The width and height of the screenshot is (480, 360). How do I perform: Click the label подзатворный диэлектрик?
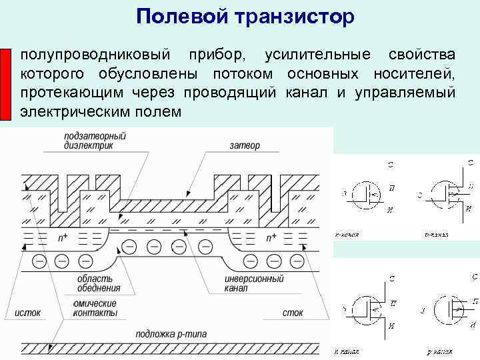(95, 140)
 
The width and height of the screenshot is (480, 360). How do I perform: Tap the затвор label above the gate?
(244, 145)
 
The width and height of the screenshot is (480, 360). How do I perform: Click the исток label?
(28, 312)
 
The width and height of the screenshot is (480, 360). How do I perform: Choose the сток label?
(292, 312)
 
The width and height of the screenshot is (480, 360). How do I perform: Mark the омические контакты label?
(93, 307)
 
